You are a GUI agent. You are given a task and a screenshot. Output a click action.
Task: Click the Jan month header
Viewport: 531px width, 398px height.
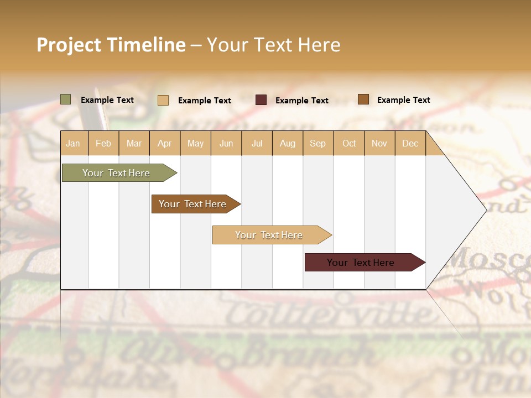pos(73,143)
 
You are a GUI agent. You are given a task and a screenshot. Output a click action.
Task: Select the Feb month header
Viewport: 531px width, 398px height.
pos(103,143)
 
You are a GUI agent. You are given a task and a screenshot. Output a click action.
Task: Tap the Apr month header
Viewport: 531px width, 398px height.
pos(164,143)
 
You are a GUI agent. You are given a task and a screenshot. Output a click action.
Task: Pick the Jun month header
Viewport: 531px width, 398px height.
pos(226,143)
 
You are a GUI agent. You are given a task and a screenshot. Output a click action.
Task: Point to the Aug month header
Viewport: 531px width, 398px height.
pos(287,143)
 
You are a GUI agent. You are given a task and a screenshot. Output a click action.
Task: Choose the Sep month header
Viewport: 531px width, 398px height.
pos(317,143)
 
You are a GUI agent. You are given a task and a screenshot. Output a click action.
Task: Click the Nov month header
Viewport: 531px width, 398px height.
pos(379,143)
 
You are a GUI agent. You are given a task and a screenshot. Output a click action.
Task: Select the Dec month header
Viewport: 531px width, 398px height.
pos(410,143)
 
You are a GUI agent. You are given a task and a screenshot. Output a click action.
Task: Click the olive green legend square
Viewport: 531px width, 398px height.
pos(66,99)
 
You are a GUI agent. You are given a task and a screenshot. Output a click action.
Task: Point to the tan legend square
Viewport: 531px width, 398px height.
pos(163,100)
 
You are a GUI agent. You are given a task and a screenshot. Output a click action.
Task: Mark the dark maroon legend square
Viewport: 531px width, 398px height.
pos(261,100)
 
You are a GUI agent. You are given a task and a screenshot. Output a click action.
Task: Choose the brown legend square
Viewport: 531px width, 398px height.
pos(363,99)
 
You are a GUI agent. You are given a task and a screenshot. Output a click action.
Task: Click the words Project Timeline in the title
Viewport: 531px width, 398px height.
pos(111,45)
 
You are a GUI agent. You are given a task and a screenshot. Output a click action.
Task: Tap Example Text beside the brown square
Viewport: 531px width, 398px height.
pos(403,100)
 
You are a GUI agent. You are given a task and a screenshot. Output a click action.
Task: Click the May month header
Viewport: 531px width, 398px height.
pos(195,143)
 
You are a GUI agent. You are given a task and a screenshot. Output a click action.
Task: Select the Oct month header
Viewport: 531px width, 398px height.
pos(348,143)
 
